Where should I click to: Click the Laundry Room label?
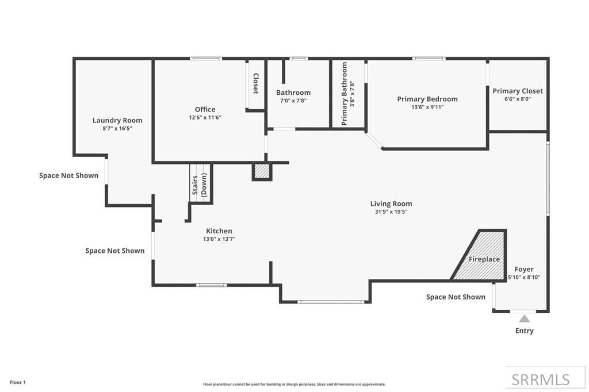pyautogui.click(x=117, y=120)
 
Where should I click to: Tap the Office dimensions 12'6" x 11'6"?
pyautogui.click(x=205, y=117)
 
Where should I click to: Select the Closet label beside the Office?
pyautogui.click(x=256, y=84)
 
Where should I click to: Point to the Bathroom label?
pyautogui.click(x=293, y=93)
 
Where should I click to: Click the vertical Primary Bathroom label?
pyautogui.click(x=345, y=94)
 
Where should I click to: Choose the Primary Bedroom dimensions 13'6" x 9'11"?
pyautogui.click(x=427, y=107)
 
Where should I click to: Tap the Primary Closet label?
pyautogui.click(x=518, y=91)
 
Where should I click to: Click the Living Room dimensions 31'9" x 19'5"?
pyautogui.click(x=391, y=212)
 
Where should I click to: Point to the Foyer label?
pyautogui.click(x=524, y=269)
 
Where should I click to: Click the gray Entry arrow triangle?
pyautogui.click(x=524, y=318)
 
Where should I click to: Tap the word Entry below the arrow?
pyautogui.click(x=524, y=330)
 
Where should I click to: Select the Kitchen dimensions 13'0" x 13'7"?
pyautogui.click(x=219, y=239)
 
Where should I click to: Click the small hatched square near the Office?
pyautogui.click(x=262, y=172)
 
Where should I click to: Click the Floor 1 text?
pyautogui.click(x=18, y=382)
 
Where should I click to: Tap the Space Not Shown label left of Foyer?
pyautogui.click(x=456, y=297)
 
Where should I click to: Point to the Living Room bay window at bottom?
pyautogui.click(x=331, y=301)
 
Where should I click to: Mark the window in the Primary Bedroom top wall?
pyautogui.click(x=429, y=58)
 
